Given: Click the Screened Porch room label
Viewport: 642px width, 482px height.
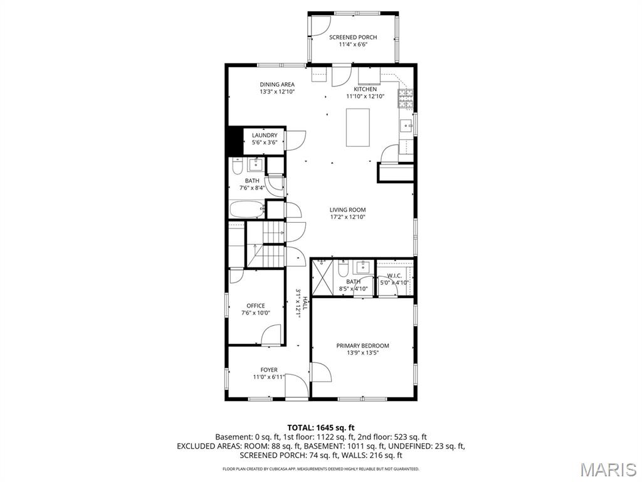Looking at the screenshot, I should (353, 38).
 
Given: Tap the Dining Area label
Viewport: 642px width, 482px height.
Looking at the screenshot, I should (277, 85).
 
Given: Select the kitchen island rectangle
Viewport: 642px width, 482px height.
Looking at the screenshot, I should (358, 127).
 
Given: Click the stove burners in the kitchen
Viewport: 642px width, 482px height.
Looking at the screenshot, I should (406, 97).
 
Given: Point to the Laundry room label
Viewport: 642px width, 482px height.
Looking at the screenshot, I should (265, 136).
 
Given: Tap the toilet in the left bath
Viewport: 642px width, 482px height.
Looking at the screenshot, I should (237, 166).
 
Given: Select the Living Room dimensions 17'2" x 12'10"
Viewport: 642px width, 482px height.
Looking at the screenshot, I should (348, 217).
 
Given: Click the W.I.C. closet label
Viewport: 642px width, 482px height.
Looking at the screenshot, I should (394, 276).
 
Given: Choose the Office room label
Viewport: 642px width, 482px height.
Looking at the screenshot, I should (255, 306).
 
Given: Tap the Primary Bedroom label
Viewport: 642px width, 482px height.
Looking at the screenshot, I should (362, 346).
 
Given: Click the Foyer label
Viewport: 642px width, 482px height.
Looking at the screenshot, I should (269, 370).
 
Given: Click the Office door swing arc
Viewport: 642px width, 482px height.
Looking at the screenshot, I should (271, 335).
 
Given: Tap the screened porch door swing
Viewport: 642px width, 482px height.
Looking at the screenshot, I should (319, 25).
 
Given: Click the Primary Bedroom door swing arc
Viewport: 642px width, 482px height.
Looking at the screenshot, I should (322, 372).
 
